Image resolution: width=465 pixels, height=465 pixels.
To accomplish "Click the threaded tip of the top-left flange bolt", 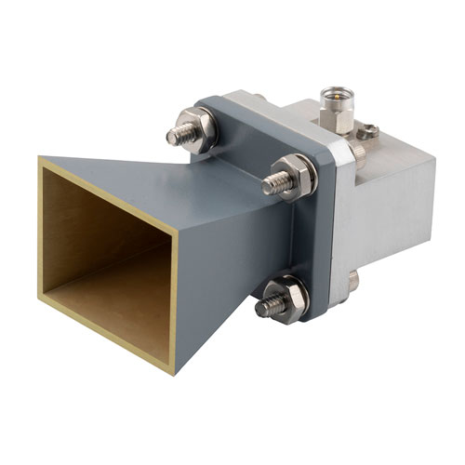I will click(x=174, y=136).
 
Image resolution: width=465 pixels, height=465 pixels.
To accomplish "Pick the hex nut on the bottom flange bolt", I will click(x=285, y=295).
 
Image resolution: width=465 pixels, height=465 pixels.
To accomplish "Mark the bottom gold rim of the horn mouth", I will click(x=102, y=336).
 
